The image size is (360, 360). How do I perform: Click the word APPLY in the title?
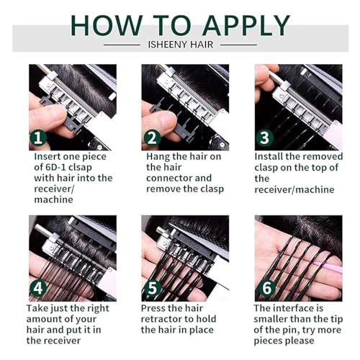tap(246, 25)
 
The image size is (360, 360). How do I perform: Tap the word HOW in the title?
tap(107, 25)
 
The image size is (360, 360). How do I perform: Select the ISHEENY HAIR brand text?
tap(181, 45)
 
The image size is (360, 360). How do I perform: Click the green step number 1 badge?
tap(38, 138)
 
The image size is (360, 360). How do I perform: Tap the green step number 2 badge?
tap(152, 138)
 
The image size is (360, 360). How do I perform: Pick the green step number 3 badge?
tap(264, 138)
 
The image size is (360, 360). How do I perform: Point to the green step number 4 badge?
tap(38, 288)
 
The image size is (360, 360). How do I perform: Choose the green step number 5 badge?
tap(152, 288)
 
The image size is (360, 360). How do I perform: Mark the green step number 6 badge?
tap(267, 288)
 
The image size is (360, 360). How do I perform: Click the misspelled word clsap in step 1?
tap(80, 168)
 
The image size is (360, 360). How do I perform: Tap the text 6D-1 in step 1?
tap(55, 167)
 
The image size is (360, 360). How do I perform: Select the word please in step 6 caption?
tap(300, 341)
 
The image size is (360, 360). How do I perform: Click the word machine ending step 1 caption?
tap(53, 199)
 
